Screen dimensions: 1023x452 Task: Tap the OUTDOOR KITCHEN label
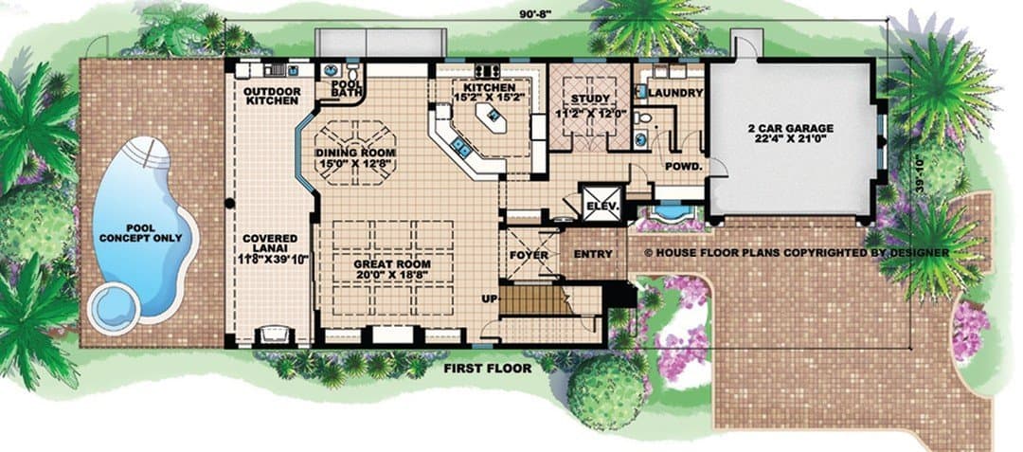272,96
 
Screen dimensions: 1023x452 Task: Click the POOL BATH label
342,89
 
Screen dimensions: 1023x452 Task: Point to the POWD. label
683,167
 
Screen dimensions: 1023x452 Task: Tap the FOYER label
529,255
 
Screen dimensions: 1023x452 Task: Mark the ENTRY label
593,254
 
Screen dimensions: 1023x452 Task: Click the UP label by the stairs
490,298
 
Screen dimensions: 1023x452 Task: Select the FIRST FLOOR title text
488,369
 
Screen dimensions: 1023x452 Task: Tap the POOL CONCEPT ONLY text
140,233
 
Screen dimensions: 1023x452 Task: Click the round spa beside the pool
115,307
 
